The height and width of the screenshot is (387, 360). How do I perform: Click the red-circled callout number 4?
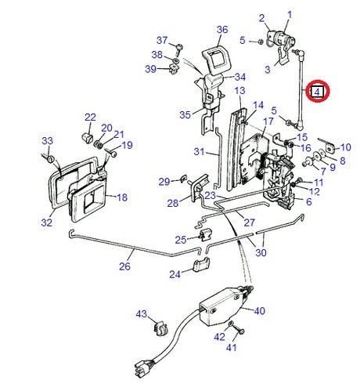point(317,92)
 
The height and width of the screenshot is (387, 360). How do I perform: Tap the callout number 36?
point(221,30)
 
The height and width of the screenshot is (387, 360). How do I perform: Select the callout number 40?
point(259,311)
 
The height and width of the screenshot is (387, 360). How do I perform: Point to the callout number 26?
point(124,266)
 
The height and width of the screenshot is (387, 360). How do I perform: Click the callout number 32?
point(46,222)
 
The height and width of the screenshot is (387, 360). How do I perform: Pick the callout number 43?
point(141,314)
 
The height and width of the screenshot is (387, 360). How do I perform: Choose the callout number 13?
point(239,92)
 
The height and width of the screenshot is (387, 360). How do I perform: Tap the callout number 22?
point(89,118)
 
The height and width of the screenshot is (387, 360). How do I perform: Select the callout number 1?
point(289,14)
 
